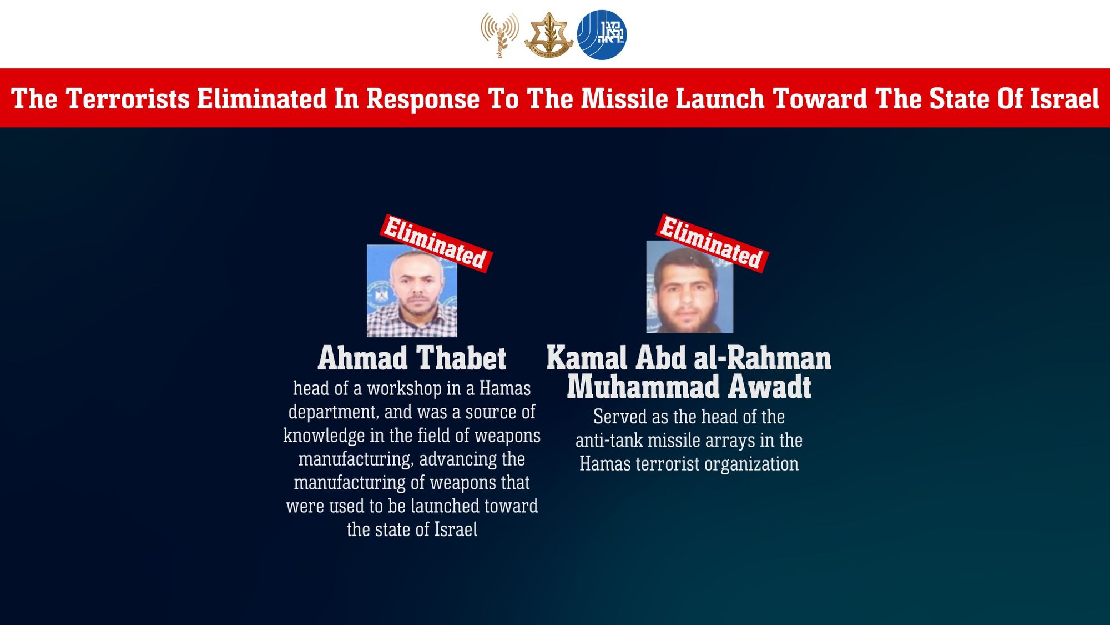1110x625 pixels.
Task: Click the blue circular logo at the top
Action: (x=602, y=35)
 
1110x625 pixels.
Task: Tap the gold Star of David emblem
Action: (x=549, y=36)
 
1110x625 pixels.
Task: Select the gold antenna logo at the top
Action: (x=500, y=34)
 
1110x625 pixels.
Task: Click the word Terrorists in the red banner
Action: (x=128, y=99)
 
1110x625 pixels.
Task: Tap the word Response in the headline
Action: (x=423, y=99)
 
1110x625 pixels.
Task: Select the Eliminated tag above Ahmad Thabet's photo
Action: (x=435, y=243)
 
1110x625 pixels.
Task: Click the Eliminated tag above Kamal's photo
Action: (x=712, y=243)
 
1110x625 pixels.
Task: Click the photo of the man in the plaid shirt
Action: (x=412, y=291)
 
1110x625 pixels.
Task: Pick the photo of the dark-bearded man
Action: (x=689, y=288)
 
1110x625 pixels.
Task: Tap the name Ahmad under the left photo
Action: (x=363, y=358)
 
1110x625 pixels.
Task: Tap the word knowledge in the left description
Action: (x=324, y=436)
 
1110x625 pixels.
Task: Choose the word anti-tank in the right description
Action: (x=609, y=441)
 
